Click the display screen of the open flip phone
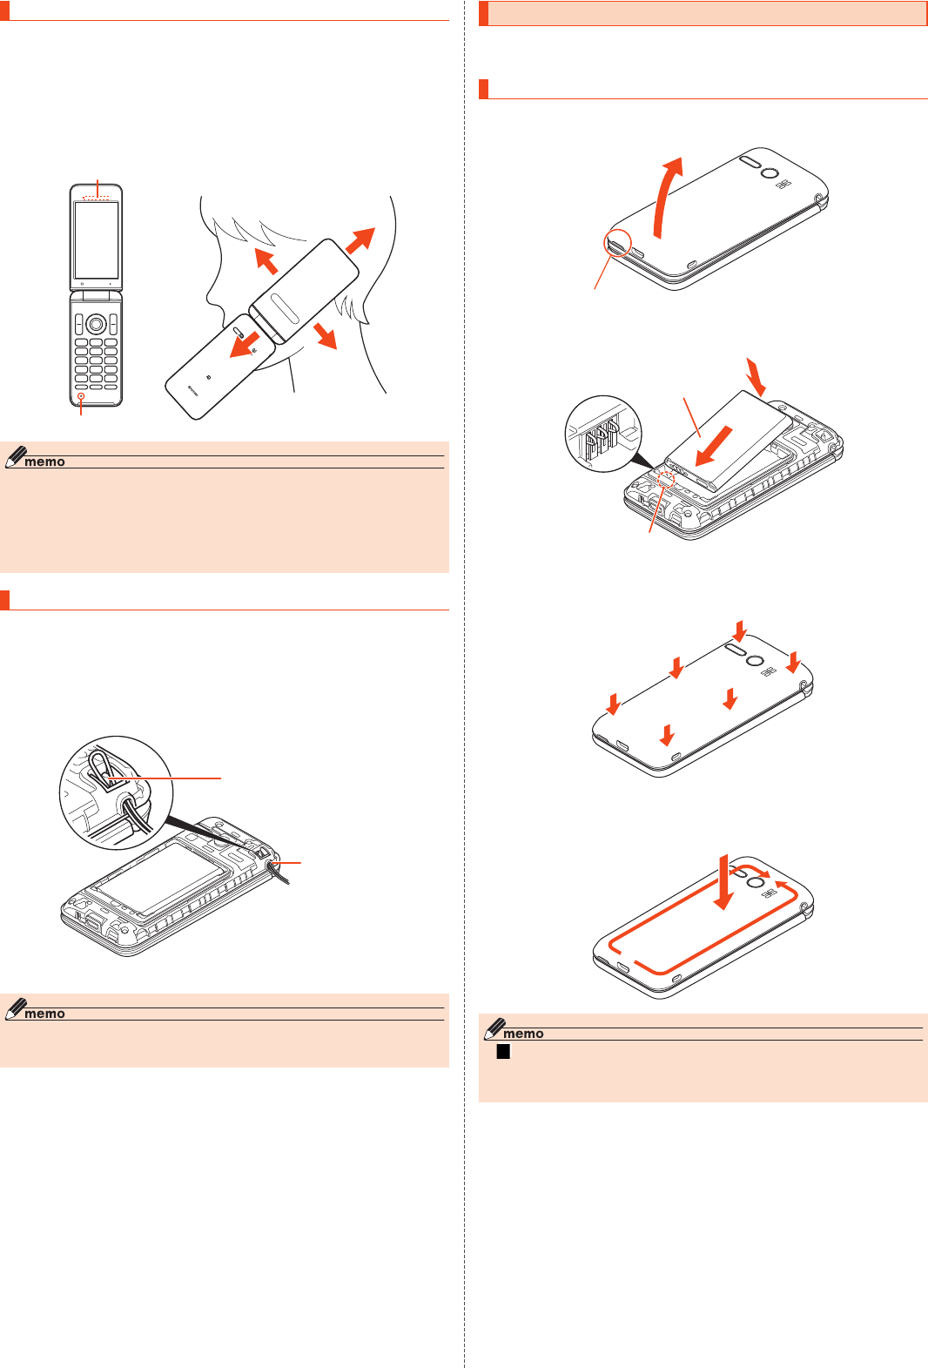96,239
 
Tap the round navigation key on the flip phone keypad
96,325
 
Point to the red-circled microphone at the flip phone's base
81,397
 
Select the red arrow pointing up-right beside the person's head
360,240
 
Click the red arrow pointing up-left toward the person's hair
266,259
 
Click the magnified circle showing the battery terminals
603,434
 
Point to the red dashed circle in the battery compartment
667,478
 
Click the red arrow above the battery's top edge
756,375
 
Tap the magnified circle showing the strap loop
116,792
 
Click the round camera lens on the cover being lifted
770,173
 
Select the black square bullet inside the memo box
502,1052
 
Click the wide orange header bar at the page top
703,14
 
